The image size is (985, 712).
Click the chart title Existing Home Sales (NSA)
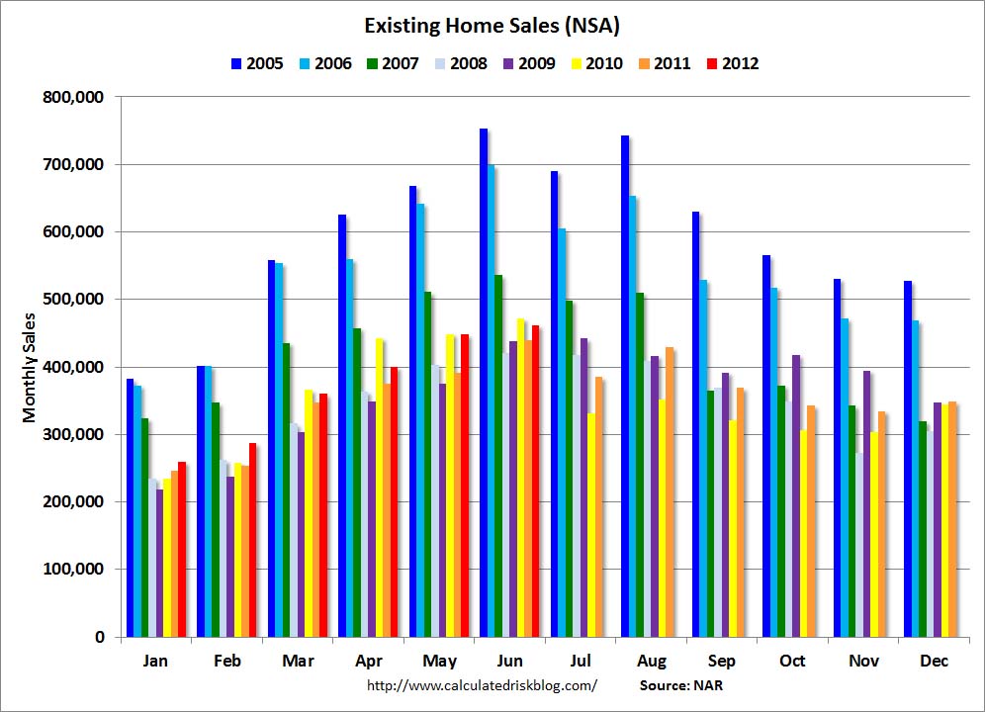[492, 25]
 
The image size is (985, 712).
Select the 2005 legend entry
[256, 63]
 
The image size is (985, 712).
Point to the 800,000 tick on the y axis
[77, 97]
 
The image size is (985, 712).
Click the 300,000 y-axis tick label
[77, 434]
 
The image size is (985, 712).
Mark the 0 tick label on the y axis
[100, 637]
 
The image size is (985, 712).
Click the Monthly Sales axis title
[30, 367]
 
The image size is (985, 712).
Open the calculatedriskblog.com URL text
[482, 684]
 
